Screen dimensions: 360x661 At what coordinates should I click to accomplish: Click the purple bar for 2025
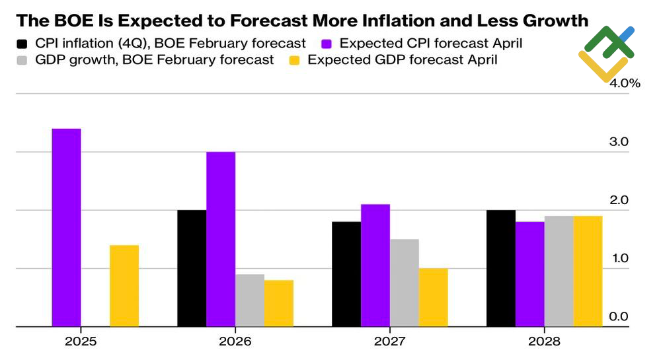coord(66,227)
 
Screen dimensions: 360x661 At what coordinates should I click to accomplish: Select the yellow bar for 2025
coord(124,285)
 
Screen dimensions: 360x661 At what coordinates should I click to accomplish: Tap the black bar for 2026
coord(192,268)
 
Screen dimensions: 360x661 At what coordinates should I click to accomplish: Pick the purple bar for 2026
coord(221,239)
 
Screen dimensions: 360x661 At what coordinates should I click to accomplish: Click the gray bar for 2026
coord(250,300)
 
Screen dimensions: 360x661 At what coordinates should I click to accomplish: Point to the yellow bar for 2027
coord(433,297)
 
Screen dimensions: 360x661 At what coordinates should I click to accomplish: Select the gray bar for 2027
coord(404,283)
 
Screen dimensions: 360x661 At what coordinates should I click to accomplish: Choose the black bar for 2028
coord(501,268)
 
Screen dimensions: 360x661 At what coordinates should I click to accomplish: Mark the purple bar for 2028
coord(530,274)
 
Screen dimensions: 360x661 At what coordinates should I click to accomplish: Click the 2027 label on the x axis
coord(389,342)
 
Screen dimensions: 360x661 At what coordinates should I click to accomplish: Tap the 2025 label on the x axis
coord(81,342)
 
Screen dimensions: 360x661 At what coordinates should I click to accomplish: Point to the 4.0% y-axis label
coord(624,84)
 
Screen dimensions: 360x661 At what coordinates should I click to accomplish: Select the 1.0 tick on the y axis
coord(619,258)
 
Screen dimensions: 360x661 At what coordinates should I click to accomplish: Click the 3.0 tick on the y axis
coord(619,142)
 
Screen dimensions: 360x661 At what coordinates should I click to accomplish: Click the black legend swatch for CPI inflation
coord(22,44)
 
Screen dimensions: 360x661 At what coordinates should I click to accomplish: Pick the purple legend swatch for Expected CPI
coord(327,44)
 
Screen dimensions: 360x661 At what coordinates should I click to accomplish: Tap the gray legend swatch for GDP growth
coord(22,60)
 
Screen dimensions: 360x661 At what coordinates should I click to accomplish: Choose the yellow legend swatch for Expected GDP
coord(295,60)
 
